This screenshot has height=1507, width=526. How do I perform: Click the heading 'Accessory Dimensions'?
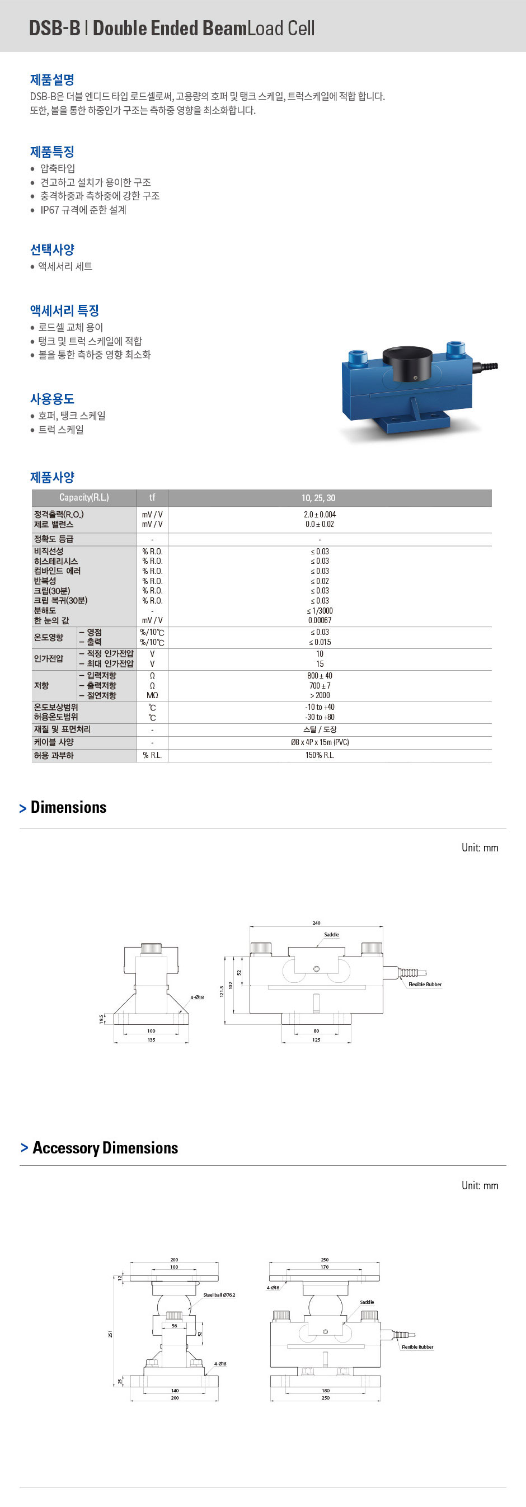point(105,1147)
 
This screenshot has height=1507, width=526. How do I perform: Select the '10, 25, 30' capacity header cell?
point(318,498)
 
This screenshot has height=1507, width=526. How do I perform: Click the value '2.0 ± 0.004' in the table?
point(320,514)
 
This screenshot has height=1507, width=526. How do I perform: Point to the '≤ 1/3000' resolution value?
point(320,610)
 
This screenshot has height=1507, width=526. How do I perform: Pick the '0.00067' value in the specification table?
point(320,620)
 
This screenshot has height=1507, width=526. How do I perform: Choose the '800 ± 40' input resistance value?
point(320,676)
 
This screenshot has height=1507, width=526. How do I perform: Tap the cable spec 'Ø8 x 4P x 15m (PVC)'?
point(320,742)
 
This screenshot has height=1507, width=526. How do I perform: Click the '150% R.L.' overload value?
point(320,755)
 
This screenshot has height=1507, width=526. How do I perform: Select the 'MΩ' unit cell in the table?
point(152,695)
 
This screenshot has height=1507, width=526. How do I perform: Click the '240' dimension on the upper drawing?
point(316,922)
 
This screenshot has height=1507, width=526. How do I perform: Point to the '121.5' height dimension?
point(222,991)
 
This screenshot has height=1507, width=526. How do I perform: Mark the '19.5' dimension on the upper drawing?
point(101,1019)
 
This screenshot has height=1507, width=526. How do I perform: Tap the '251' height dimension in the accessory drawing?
point(110,1333)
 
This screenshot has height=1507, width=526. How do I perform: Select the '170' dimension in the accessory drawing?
point(324,1266)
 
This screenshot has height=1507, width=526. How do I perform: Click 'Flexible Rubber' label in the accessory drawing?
point(417,1346)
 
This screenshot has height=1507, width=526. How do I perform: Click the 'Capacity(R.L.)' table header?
point(84,498)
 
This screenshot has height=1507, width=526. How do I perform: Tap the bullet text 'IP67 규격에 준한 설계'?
point(83,209)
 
